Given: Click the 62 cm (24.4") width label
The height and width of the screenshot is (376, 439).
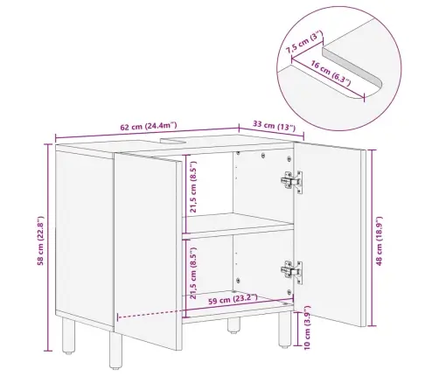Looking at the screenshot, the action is tap(149, 126).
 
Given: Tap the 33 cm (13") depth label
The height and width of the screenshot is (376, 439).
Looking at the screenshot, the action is tap(274, 126).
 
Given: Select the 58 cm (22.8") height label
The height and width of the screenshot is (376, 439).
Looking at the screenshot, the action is tap(40, 240).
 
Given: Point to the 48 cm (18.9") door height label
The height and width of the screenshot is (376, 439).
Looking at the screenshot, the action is tap(379, 240).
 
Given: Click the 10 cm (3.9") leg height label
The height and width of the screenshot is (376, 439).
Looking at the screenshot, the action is tap(307, 327).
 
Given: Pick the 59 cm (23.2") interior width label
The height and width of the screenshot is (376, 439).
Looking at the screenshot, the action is tap(233, 299).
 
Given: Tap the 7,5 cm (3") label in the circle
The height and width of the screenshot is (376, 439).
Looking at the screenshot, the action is tap(304, 42).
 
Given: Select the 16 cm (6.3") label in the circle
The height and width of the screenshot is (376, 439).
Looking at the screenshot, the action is tap(330, 73).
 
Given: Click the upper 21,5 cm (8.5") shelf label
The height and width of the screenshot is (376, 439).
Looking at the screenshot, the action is tap(192, 186).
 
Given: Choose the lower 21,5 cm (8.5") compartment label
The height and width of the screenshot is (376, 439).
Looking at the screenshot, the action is tap(192, 273).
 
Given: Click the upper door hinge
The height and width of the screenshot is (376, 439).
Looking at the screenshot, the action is tap(291, 181).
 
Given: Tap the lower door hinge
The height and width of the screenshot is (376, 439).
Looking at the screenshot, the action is tap(291, 272).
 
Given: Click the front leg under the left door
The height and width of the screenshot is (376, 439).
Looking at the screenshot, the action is tap(115, 350).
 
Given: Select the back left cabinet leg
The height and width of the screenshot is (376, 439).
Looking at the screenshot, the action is tap(69, 335).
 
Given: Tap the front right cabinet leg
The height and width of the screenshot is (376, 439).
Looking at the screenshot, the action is tap(284, 329).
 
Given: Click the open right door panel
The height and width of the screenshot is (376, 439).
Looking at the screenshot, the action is tap(330, 233).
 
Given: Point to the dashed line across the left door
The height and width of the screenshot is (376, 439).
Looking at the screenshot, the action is tap(150, 315).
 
